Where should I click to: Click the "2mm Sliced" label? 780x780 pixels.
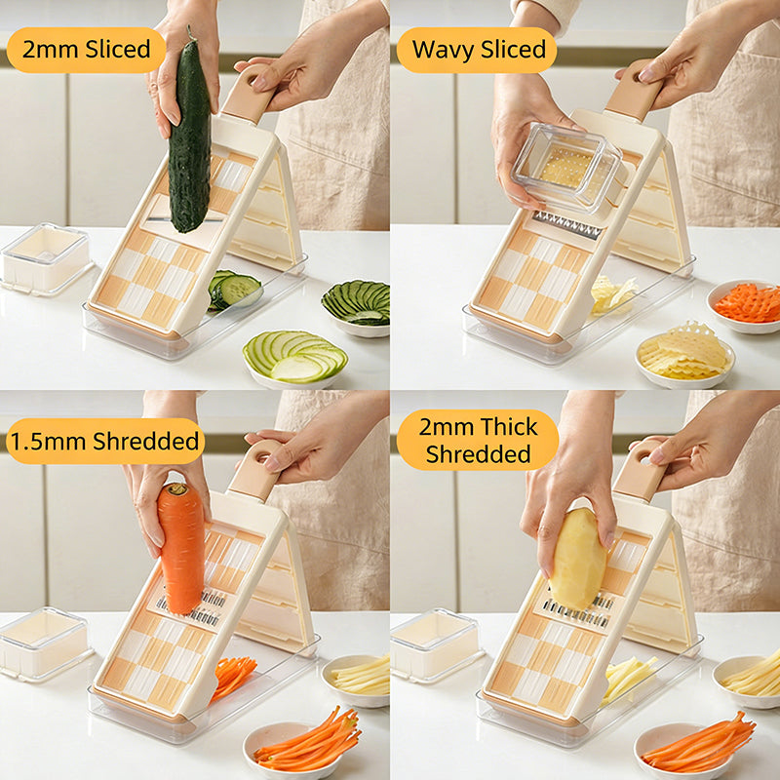(86, 50)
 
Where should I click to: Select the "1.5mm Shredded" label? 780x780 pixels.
(105, 441)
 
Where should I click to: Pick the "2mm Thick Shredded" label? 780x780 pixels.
(478, 440)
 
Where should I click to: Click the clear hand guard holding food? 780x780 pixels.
(565, 169)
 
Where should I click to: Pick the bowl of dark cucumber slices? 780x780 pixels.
(358, 306)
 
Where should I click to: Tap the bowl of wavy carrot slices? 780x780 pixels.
(747, 304)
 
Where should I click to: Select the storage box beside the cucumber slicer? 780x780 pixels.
(45, 257)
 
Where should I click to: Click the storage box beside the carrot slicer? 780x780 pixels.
(44, 643)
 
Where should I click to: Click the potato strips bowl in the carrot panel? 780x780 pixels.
(359, 676)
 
